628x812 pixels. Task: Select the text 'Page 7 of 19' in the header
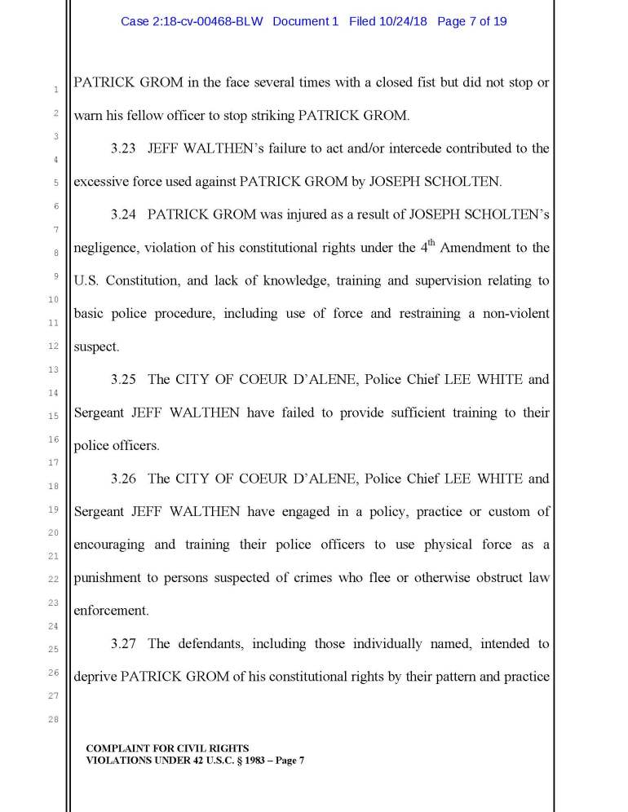[x=472, y=21]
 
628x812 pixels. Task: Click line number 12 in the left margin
[x=54, y=346]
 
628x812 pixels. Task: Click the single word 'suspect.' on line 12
[x=96, y=346]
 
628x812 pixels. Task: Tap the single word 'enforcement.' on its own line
[x=109, y=610]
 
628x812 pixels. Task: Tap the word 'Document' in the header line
[x=305, y=21]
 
